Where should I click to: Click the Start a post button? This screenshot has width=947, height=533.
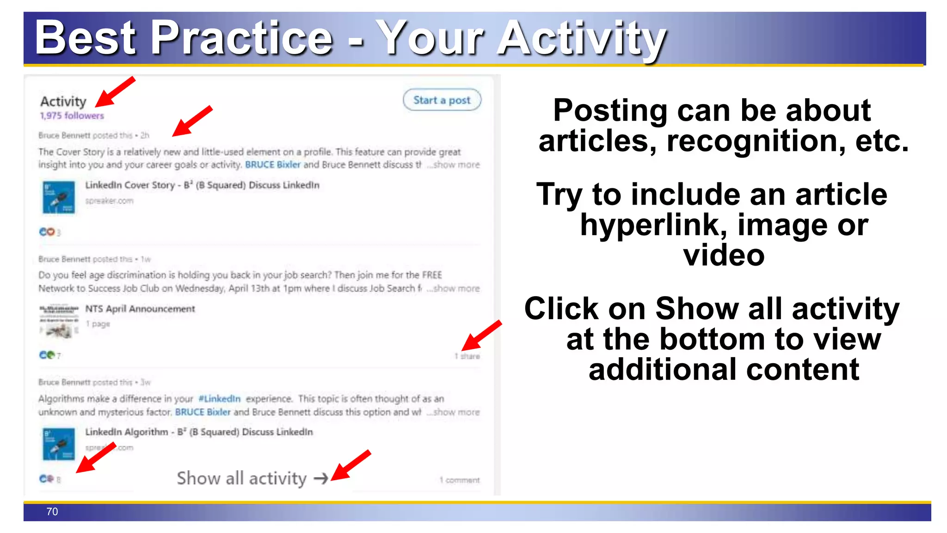442,100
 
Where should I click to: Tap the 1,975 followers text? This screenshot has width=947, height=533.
72,116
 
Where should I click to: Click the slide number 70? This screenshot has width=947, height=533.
52,512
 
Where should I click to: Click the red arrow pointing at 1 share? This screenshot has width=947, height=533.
481,335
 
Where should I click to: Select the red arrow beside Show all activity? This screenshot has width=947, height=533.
351,465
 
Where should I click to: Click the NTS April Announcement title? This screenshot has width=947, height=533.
140,309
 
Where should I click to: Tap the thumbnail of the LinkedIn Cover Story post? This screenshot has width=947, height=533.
59,197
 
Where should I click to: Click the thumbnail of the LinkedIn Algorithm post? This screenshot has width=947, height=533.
59,444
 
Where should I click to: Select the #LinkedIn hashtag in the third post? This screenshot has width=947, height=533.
219,398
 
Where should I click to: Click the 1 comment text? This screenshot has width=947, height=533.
459,480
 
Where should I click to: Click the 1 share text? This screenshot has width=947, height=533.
467,356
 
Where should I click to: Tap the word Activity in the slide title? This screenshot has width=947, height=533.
582,38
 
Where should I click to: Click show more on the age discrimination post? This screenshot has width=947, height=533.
454,288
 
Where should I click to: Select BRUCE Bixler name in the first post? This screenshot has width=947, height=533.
272,165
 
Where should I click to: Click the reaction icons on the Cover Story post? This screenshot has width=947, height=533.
47,232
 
